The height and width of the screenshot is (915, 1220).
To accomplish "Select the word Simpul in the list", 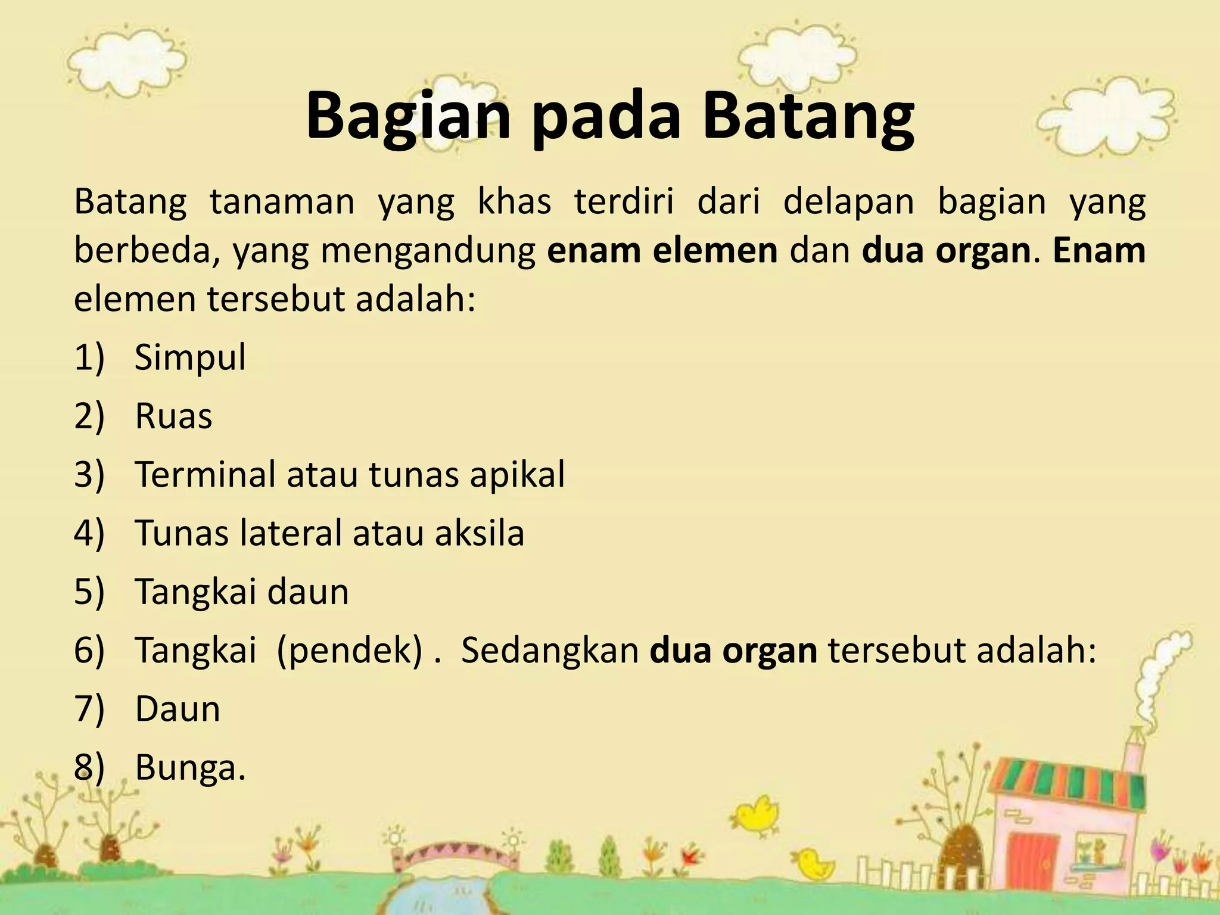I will click(190, 358).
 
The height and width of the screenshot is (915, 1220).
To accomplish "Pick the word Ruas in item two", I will click(173, 416).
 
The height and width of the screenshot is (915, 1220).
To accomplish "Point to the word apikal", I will click(517, 475).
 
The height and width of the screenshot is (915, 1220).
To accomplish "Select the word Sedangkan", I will click(550, 650).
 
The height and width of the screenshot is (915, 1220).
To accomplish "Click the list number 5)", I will click(89, 592).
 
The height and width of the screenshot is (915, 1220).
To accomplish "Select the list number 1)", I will click(89, 358).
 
